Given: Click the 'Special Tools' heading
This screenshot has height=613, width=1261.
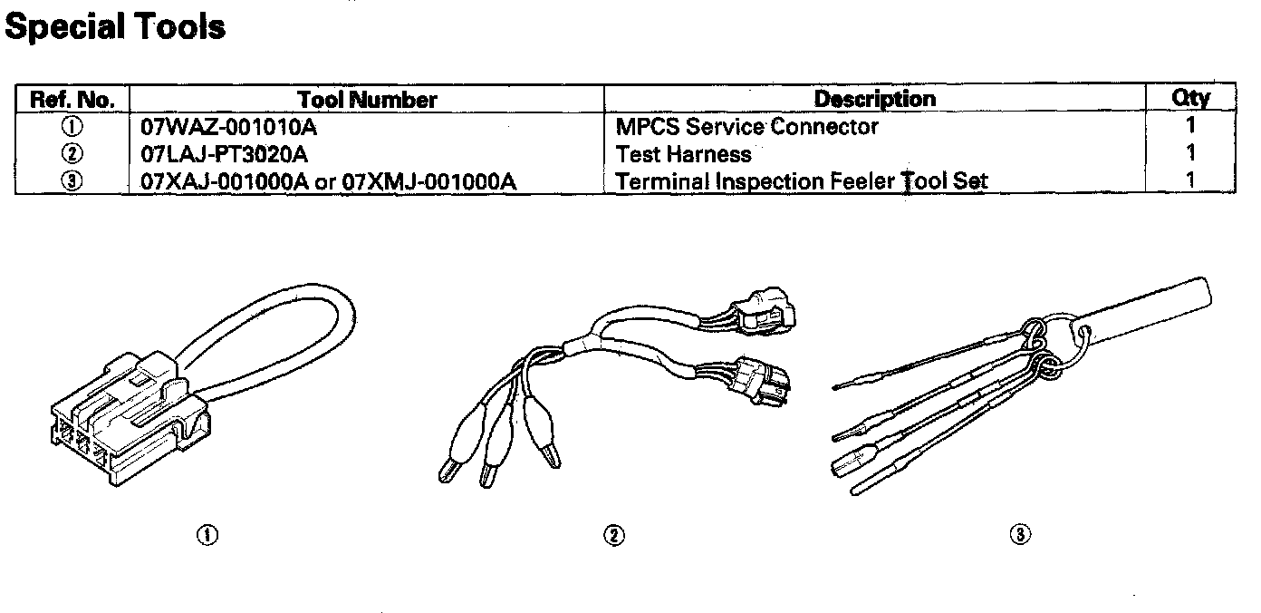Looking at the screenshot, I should (x=115, y=27).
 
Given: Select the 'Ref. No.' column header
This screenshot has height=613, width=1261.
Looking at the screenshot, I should (x=72, y=99).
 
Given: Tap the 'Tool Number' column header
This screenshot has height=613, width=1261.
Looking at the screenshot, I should (x=367, y=100).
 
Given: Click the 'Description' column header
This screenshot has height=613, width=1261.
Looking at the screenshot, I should (x=874, y=98).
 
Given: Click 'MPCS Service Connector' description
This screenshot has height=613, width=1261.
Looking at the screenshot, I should (x=746, y=126).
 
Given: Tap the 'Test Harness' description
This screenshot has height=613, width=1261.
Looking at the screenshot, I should (x=683, y=153).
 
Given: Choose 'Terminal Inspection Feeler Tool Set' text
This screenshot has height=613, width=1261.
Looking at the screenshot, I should (x=801, y=180).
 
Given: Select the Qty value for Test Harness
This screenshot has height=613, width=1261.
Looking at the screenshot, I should (x=1190, y=153).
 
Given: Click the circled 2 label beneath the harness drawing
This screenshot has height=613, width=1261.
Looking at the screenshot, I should (x=614, y=536).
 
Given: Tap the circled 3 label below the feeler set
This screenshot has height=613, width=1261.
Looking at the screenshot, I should (x=1021, y=536).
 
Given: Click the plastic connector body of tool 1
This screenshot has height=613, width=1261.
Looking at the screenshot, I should (x=127, y=422).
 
